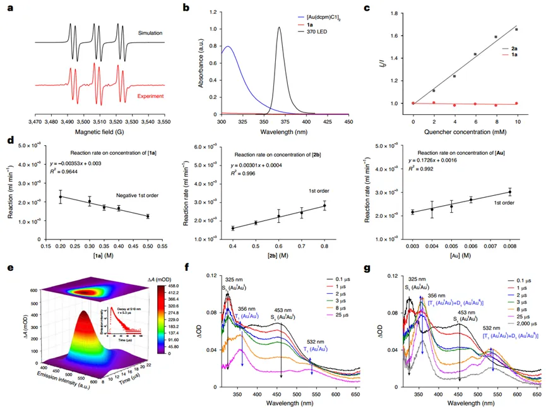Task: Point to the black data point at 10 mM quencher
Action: click(x=516, y=30)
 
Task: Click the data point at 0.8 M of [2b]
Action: click(x=324, y=206)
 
